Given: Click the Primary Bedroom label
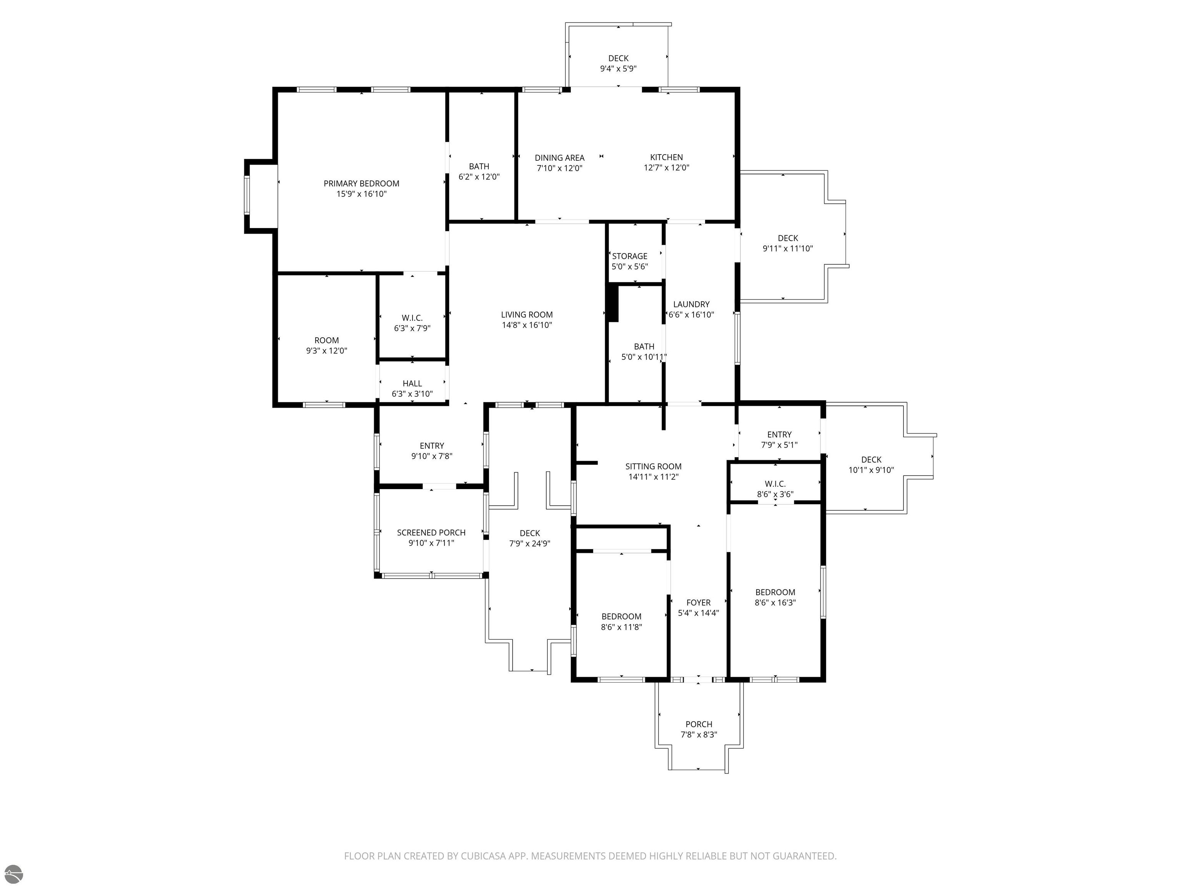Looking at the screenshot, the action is click(361, 183).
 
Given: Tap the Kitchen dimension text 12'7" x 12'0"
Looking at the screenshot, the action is click(666, 167).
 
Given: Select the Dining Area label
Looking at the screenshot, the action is click(559, 158).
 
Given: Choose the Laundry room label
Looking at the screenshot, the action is click(691, 304).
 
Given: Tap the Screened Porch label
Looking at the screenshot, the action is click(431, 533).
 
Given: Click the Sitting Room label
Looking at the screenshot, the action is click(654, 466).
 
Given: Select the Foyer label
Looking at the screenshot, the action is click(699, 603).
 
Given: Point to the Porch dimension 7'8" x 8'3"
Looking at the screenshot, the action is click(699, 734).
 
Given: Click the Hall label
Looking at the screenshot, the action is click(412, 383).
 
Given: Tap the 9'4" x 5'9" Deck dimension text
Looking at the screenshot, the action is click(618, 68).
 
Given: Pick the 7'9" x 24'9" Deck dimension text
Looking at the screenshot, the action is click(530, 544).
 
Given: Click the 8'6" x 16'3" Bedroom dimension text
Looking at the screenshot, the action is click(775, 603).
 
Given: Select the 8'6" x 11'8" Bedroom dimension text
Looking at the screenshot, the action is click(622, 627).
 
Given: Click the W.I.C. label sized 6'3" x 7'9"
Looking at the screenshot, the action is click(412, 318).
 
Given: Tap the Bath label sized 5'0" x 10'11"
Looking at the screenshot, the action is click(644, 346).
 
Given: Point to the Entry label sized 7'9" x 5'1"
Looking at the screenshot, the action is click(780, 435).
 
